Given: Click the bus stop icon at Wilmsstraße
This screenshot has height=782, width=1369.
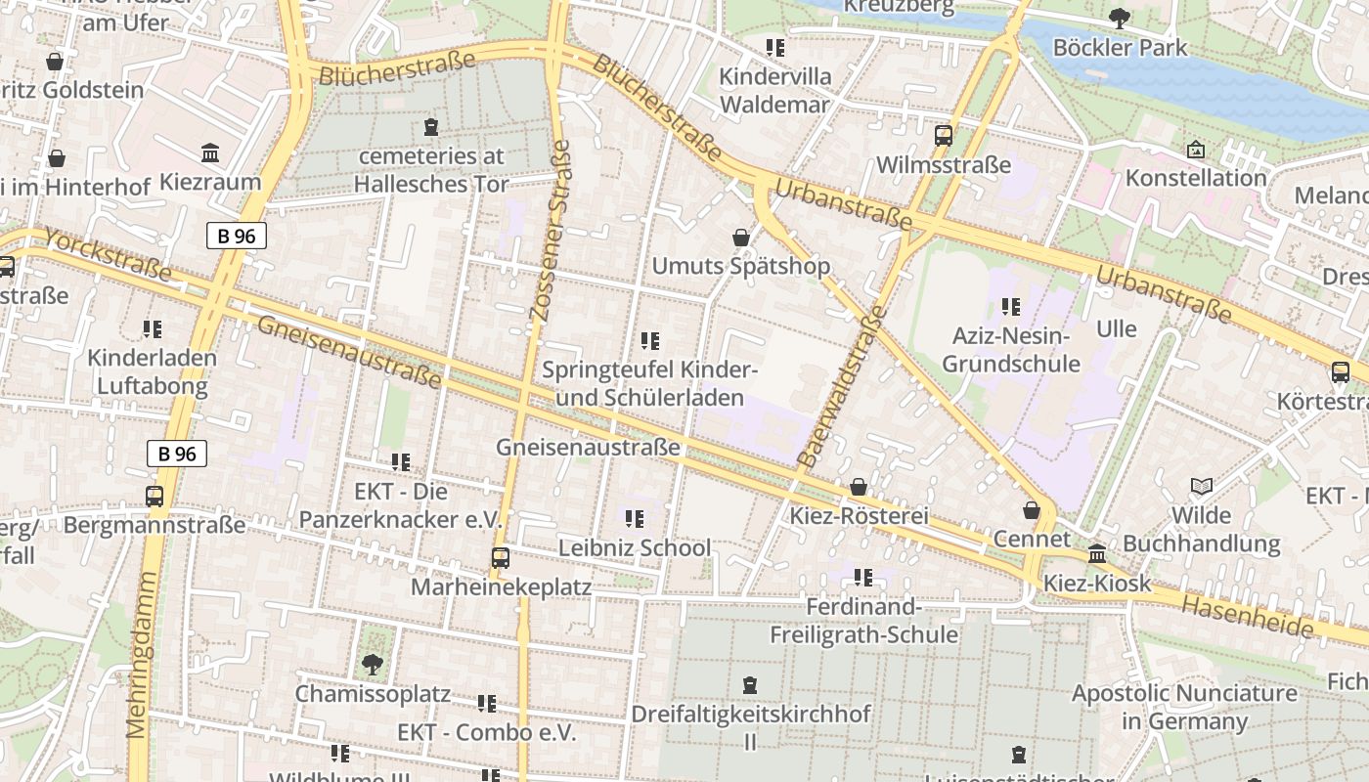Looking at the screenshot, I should click(944, 136).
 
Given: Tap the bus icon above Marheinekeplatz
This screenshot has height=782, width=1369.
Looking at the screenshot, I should click(501, 558).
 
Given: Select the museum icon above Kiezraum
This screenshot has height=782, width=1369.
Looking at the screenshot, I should click(210, 153).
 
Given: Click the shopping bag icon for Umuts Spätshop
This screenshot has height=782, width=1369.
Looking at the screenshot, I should click(741, 238).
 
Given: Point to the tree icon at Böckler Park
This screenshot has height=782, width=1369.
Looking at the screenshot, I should click(1120, 19).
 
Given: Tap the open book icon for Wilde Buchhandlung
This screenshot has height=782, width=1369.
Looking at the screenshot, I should click(1201, 486).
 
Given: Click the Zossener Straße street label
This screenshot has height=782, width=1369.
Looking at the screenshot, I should click(550, 231).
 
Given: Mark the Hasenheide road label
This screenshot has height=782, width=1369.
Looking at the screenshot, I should click(1247, 617).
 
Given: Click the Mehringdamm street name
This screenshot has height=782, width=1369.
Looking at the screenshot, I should click(142, 655).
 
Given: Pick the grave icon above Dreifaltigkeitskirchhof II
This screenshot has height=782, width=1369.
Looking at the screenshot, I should click(750, 685).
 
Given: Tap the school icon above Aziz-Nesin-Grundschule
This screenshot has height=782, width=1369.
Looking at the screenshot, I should click(1010, 307).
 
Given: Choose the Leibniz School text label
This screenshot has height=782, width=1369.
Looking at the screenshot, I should click(635, 547).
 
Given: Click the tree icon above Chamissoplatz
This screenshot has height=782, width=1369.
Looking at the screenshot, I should click(372, 665).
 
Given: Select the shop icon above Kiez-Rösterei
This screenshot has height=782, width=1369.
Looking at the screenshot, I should click(859, 487).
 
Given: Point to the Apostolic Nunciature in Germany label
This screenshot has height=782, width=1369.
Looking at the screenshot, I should click(1184, 708).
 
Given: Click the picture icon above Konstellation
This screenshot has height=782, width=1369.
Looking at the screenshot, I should click(1195, 150).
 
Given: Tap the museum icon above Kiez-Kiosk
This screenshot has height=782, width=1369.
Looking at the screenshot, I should click(1097, 554).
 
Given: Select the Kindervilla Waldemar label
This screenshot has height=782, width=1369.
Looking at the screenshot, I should click(774, 90).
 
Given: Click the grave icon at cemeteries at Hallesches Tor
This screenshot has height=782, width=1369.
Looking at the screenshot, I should click(430, 126).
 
